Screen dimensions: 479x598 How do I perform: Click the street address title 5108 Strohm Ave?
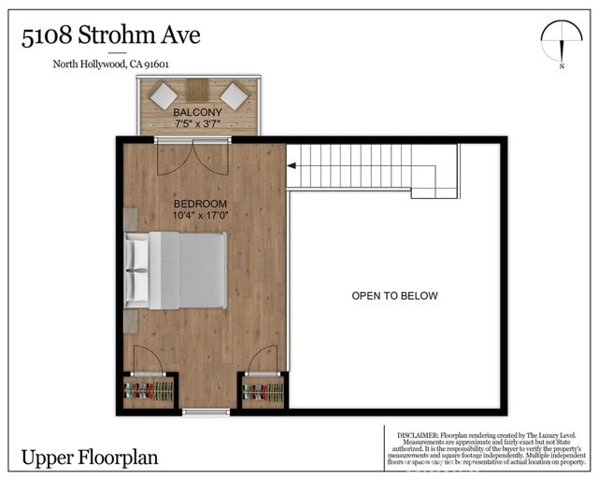110,37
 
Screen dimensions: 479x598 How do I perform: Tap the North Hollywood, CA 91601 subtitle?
109,64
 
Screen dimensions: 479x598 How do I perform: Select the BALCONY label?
198,113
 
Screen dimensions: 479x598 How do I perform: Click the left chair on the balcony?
164,95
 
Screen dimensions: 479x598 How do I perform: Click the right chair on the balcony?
234,95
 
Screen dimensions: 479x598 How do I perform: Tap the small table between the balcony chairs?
198,90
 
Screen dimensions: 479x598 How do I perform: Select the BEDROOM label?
200,204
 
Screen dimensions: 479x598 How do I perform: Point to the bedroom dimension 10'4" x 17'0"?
200,216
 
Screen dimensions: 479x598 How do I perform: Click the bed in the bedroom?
177,270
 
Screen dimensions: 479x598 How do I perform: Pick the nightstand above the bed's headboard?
131,221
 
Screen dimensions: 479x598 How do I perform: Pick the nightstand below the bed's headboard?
131,320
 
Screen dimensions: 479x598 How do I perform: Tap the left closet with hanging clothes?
149,391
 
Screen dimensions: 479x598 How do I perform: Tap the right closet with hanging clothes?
262,391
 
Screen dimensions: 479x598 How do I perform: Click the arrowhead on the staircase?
292,166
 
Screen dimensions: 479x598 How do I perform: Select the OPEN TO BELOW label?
394,296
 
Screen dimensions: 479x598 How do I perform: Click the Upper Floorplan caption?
90,458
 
